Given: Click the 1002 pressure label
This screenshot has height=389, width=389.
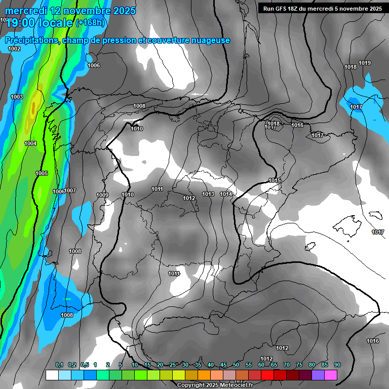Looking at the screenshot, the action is coord(14,49).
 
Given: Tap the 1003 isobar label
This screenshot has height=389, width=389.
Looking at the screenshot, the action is coord(17,97).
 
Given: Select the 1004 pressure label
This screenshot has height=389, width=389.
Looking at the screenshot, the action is coord(30,143).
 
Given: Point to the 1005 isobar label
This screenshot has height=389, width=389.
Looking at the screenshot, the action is coord(42,173).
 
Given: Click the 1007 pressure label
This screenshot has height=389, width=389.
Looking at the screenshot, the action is coord(70,190).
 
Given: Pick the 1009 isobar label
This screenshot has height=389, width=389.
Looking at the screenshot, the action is coord(102,195).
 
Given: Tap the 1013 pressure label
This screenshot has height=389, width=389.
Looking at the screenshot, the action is coord(208,194).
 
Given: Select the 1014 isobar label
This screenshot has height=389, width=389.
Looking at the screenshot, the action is coord(226,194).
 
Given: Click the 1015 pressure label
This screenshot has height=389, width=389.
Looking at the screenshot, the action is coord(275,180).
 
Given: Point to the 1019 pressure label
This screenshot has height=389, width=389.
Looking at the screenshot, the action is coord(365,63).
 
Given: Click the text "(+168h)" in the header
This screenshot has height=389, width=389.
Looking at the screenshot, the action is coord(91,23).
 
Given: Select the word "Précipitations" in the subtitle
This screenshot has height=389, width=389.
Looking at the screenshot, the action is coord(32,41).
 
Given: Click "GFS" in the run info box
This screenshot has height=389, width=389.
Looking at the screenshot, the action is coord(282,9).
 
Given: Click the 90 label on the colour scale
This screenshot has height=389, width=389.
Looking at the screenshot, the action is coord(337,365).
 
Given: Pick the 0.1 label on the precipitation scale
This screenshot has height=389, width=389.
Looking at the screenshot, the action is coord(59,365).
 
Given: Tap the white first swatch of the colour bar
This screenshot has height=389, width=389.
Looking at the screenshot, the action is coord(52,375).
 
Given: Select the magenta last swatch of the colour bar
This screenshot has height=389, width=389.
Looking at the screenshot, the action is coord(330,375).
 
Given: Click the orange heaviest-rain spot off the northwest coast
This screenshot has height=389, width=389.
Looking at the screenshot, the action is coord(33,108).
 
